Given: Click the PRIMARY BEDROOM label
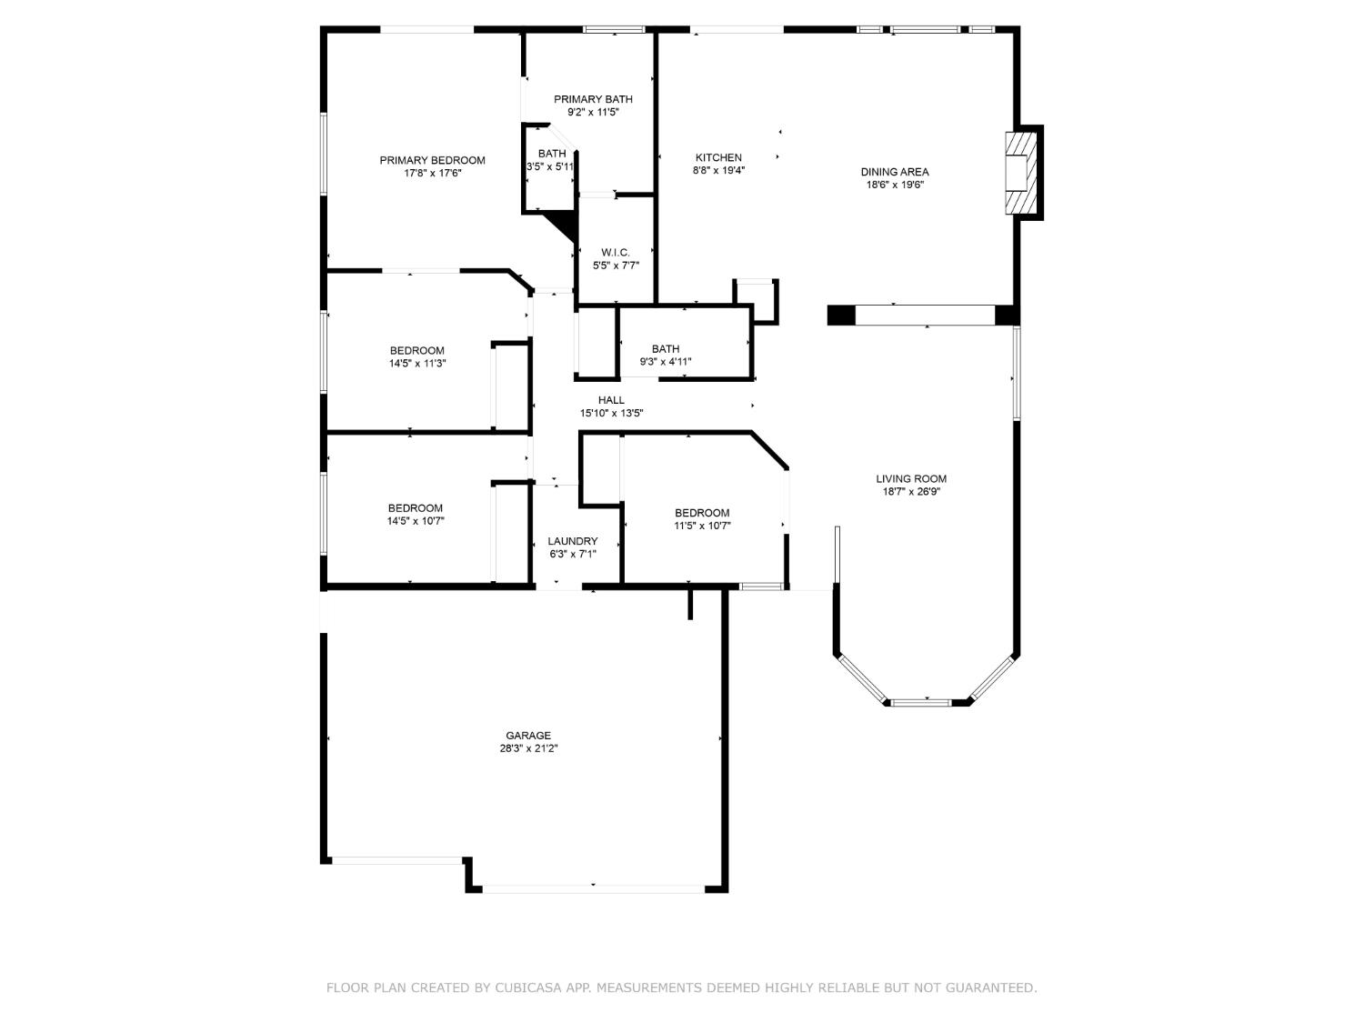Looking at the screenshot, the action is point(432,160).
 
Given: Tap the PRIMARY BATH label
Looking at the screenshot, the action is point(593,99).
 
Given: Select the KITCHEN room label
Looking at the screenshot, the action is point(718,157).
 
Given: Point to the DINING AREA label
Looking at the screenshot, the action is point(894,172).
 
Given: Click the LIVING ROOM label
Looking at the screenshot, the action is point(911,479).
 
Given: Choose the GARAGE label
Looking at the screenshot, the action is point(527,736).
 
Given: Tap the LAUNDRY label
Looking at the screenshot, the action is point(572,542).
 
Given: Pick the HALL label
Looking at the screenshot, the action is point(611,401).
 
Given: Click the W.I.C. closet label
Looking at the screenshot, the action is point(616,253).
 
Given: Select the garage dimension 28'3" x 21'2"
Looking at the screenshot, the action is point(528,749).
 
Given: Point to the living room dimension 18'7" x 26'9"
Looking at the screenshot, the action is point(911,492).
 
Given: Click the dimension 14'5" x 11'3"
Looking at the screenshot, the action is point(417,364).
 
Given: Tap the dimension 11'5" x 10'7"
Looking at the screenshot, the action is point(702,527).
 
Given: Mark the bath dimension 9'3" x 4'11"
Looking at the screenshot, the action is point(666,362).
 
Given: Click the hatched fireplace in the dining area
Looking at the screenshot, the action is point(1021,173).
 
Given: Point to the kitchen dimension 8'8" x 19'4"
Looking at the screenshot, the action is point(718,171).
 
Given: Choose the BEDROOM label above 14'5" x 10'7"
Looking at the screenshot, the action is point(415,508).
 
